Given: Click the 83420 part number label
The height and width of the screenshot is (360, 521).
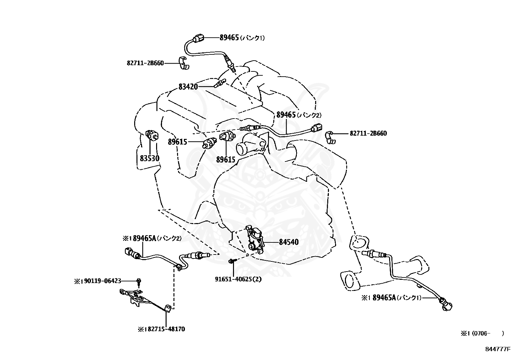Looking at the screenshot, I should [188, 87].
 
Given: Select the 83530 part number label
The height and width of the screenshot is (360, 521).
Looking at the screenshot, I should [150, 159].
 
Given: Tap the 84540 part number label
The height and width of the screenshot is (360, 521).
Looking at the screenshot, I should [289, 242].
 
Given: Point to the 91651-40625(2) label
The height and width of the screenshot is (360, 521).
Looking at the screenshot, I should [238, 279].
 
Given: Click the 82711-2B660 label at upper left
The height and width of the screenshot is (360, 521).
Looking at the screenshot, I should [145, 63].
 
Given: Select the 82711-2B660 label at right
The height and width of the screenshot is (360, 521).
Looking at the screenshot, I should [368, 134].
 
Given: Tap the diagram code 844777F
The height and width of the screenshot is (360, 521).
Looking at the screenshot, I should [498, 349].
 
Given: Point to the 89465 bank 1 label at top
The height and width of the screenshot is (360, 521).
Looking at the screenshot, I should [242, 38].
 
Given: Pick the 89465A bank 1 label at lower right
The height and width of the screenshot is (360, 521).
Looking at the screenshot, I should [391, 297].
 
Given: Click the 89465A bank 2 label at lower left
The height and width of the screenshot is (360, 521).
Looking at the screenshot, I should [152, 238].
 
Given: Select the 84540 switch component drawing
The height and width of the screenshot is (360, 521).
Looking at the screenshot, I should [255, 238].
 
